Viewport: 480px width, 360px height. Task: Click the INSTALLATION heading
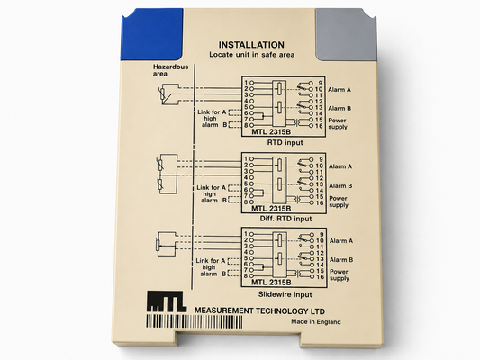pos(251,45)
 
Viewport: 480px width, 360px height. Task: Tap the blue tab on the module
pos(152,34)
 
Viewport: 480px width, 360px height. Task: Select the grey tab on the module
pos(346,34)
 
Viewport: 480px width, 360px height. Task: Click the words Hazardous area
pos(170,70)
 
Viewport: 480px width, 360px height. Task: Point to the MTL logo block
pos(167,301)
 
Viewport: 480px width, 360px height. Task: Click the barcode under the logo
pos(195,322)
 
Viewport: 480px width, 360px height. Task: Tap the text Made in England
pos(315,322)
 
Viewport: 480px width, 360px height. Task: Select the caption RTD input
pos(285,142)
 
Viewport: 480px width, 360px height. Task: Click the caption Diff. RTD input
pos(285,219)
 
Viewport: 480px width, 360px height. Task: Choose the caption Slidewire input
pos(285,294)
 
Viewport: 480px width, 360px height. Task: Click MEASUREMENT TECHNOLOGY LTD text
pos(259,310)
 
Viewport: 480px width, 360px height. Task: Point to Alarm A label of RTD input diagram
pos(340,90)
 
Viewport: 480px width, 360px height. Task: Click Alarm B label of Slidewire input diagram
pos(341,260)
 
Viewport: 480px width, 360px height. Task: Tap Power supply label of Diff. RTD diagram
pos(339,202)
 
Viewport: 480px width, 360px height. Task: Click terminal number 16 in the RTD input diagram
pos(319,126)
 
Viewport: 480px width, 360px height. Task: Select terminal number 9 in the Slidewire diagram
pos(322,235)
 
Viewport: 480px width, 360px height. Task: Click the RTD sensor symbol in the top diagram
pos(161,94)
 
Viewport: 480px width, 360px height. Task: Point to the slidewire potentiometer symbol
pos(158,245)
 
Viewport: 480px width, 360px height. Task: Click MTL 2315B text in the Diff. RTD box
pos(271,209)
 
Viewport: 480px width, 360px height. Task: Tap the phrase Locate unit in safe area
pos(252,55)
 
